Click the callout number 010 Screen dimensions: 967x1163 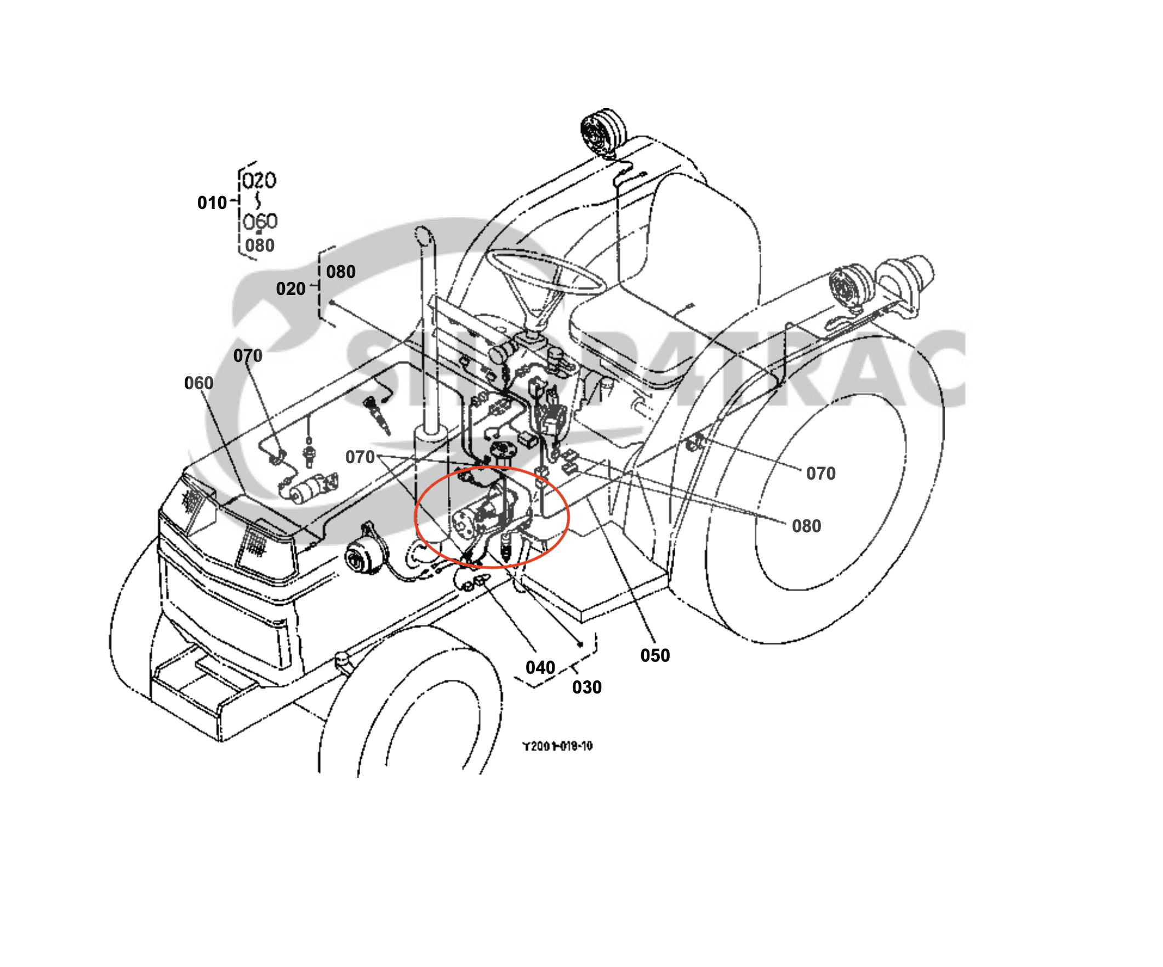pyautogui.click(x=212, y=203)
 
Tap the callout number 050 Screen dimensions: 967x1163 pyautogui.click(x=654, y=655)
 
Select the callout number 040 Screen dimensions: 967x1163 pyautogui.click(x=540, y=667)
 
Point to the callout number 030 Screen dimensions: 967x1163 pyautogui.click(x=586, y=687)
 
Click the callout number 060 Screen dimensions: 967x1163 pyautogui.click(x=198, y=383)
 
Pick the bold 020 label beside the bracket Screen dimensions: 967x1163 pyautogui.click(x=290, y=288)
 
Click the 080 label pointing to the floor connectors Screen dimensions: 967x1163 pyautogui.click(x=806, y=526)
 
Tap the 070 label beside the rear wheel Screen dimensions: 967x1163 pyautogui.click(x=820, y=474)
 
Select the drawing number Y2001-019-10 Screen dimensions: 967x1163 pyautogui.click(x=557, y=746)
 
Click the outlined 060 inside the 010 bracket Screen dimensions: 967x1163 pyautogui.click(x=260, y=221)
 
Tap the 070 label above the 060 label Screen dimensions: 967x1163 pyautogui.click(x=248, y=356)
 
